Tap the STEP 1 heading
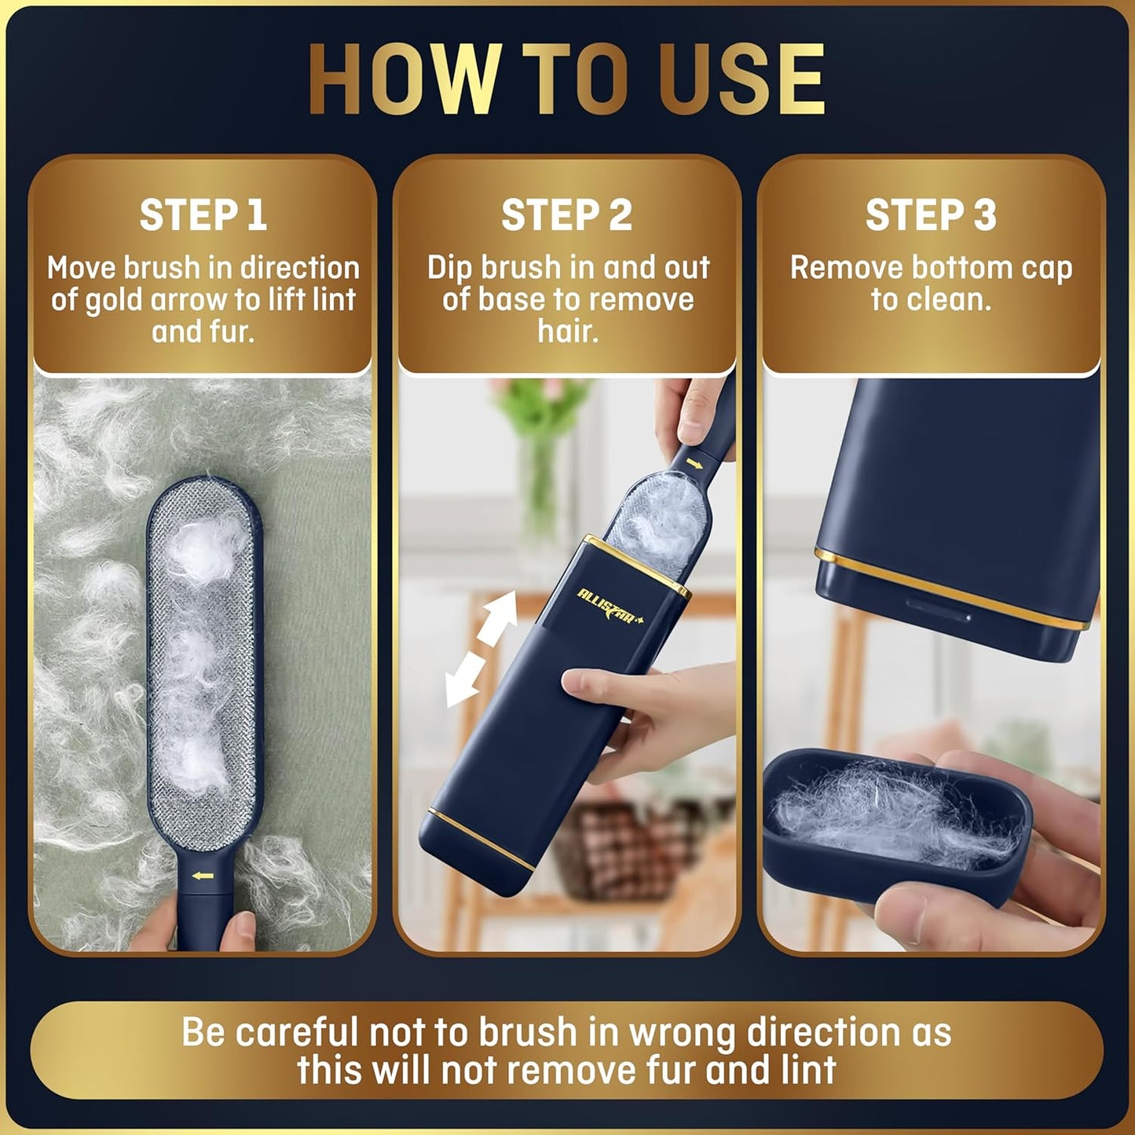tap(203, 215)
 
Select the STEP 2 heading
tap(566, 215)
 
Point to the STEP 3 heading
tap(931, 215)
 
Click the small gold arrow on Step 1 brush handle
tap(204, 875)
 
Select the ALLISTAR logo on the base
tap(610, 606)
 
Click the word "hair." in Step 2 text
tap(568, 331)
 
